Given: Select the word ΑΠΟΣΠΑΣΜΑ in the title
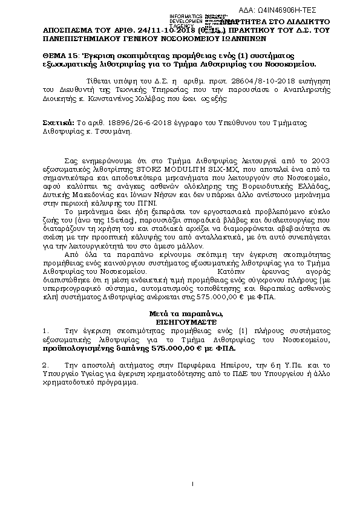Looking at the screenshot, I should click(x=69, y=28).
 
